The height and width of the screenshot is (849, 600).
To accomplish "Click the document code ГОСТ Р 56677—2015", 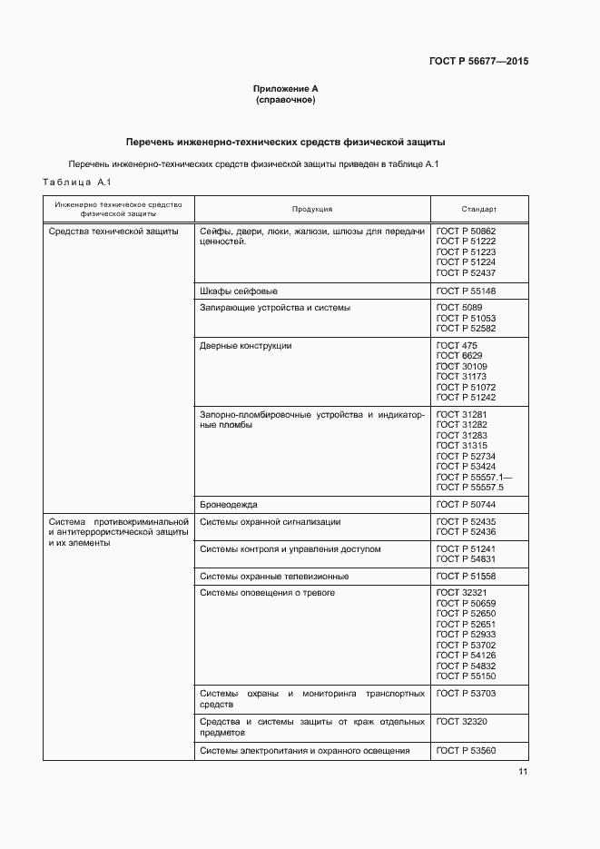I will (477, 62).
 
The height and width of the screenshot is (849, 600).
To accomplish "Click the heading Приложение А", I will (285, 89).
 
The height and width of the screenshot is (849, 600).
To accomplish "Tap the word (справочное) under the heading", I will (285, 100).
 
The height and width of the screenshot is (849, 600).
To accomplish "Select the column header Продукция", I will (311, 209).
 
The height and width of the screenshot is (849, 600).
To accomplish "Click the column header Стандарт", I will (478, 209).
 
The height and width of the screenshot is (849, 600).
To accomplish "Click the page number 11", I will (523, 772).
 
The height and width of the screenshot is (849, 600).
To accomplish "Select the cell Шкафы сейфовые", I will (238, 291).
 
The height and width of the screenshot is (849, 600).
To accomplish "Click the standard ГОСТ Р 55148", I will (466, 291).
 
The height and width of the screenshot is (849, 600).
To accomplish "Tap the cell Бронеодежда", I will (228, 503).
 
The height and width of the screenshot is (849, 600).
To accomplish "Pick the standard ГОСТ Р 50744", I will (466, 503).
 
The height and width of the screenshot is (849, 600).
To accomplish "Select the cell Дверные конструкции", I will (245, 346).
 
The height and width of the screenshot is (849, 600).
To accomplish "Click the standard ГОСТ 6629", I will (459, 356).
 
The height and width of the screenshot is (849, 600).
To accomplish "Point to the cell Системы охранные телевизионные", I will (273, 577).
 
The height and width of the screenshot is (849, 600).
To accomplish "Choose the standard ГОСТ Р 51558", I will (466, 577).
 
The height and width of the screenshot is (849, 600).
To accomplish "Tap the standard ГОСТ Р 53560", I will (466, 751).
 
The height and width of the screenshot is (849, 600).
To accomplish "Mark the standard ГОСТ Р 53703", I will (466, 694).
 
